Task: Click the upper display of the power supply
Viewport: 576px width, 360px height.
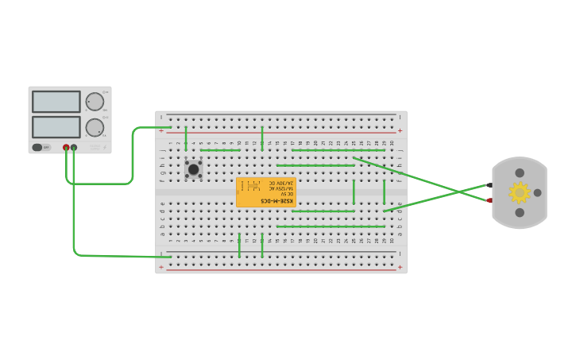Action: coord(56,101)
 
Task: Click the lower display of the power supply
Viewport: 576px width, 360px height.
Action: coord(56,127)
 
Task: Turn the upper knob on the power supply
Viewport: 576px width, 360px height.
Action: coord(95,101)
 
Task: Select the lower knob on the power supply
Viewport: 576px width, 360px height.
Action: coord(95,127)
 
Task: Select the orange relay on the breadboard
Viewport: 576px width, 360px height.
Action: coord(265,192)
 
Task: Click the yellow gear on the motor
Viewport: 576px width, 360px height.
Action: coord(520,192)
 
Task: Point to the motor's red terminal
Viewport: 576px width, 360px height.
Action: coord(489,200)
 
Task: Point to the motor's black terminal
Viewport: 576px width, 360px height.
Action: coord(489,185)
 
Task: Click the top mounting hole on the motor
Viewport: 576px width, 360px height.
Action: coord(520,172)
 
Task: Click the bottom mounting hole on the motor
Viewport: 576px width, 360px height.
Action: coord(520,212)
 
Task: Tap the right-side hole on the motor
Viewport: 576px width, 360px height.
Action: coord(537,192)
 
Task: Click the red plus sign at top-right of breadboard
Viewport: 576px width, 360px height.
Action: coord(400,130)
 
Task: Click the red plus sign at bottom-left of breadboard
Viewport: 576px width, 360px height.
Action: coord(161,268)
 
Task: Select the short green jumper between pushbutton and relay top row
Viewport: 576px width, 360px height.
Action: coord(220,149)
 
